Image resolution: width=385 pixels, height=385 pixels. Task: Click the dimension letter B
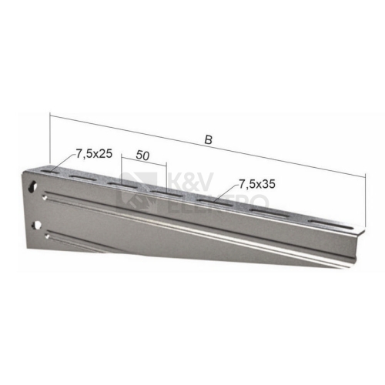coord(209,140)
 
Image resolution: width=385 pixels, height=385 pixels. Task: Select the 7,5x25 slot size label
coord(94,153)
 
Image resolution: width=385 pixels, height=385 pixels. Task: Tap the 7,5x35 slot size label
coord(257,184)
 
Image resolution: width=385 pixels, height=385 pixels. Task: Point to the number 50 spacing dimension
coord(142,156)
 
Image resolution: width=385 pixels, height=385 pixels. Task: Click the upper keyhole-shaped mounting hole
coord(32,186)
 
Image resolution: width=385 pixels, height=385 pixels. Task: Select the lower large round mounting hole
coord(36,226)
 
